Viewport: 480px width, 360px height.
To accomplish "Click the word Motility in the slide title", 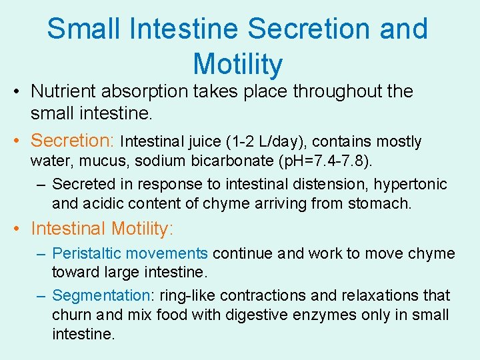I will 238,64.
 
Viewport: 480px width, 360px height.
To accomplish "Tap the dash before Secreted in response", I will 42,183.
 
